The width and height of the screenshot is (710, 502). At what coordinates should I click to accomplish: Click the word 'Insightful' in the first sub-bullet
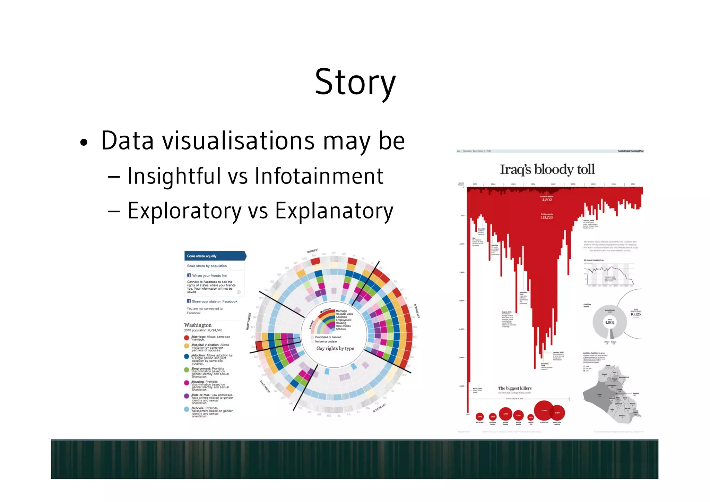tap(174, 176)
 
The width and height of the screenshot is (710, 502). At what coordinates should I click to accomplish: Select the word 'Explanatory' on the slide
tap(334, 211)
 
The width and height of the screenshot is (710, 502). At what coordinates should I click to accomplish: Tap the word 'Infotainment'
tap(319, 176)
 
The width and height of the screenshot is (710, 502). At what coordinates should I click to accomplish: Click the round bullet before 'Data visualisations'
tap(83, 143)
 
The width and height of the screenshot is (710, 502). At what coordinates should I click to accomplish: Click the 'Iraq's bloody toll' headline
tap(547, 170)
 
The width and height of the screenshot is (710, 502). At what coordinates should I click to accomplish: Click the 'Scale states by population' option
tap(207, 266)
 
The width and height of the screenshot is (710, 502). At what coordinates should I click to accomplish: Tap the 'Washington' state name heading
tap(198, 325)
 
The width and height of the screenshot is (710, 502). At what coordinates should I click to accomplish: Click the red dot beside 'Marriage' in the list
tap(187, 338)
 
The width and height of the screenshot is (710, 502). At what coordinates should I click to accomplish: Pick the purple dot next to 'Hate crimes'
tap(187, 396)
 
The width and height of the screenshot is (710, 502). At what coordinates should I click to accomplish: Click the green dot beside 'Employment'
tap(187, 370)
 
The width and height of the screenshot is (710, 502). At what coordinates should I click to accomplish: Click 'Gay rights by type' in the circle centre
tap(335, 348)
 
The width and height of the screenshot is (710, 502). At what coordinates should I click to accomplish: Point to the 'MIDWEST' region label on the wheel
tap(312, 251)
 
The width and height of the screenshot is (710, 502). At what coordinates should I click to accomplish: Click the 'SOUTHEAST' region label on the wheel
tap(379, 408)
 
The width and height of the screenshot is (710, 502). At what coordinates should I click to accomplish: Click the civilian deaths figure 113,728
tap(547, 218)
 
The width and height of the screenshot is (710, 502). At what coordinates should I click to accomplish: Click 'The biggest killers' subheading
tap(514, 388)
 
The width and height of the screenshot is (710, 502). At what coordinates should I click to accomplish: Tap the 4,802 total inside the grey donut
tap(609, 322)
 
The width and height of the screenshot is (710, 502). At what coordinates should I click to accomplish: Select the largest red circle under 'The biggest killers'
tap(544, 411)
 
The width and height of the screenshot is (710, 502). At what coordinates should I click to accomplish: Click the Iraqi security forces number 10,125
tap(635, 314)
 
